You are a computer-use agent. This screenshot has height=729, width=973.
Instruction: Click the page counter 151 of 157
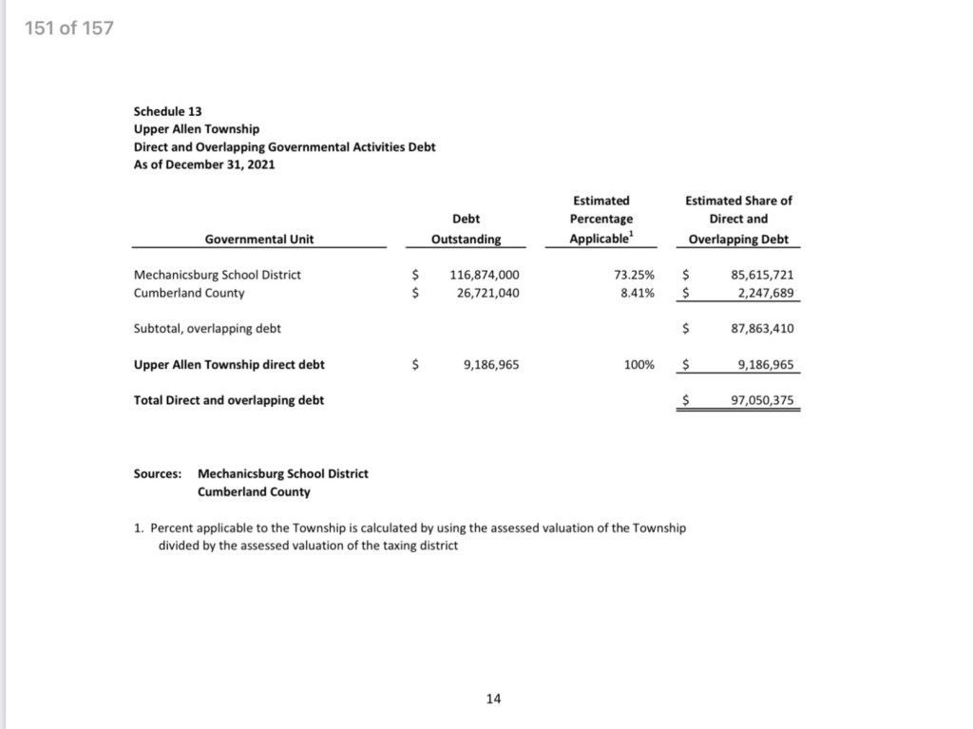click(69, 28)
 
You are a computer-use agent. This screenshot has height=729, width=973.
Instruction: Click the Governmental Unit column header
click(259, 239)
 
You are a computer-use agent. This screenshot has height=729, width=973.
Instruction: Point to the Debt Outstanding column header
click(466, 229)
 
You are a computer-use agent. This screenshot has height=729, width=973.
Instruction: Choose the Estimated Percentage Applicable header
click(601, 220)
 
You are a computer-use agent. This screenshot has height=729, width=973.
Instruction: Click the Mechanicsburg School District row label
click(218, 275)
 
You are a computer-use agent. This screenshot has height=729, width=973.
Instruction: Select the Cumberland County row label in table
click(189, 293)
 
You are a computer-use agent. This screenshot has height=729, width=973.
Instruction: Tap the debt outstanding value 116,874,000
click(485, 275)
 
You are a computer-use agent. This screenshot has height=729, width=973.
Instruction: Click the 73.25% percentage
click(636, 275)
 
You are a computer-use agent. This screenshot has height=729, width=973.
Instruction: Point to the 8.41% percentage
click(638, 293)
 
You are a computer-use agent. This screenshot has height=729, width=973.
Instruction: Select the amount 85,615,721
click(762, 275)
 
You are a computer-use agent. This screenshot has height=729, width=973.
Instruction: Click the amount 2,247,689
click(766, 293)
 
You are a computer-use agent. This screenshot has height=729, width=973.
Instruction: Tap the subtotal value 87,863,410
click(762, 329)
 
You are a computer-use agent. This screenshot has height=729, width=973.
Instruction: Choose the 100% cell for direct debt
click(639, 364)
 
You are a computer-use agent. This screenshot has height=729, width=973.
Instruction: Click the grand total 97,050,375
click(762, 400)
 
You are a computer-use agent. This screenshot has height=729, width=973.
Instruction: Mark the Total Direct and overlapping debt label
click(229, 400)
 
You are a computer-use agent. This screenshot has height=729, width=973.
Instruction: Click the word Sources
click(158, 473)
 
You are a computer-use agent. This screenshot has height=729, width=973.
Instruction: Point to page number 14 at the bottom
click(493, 699)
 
